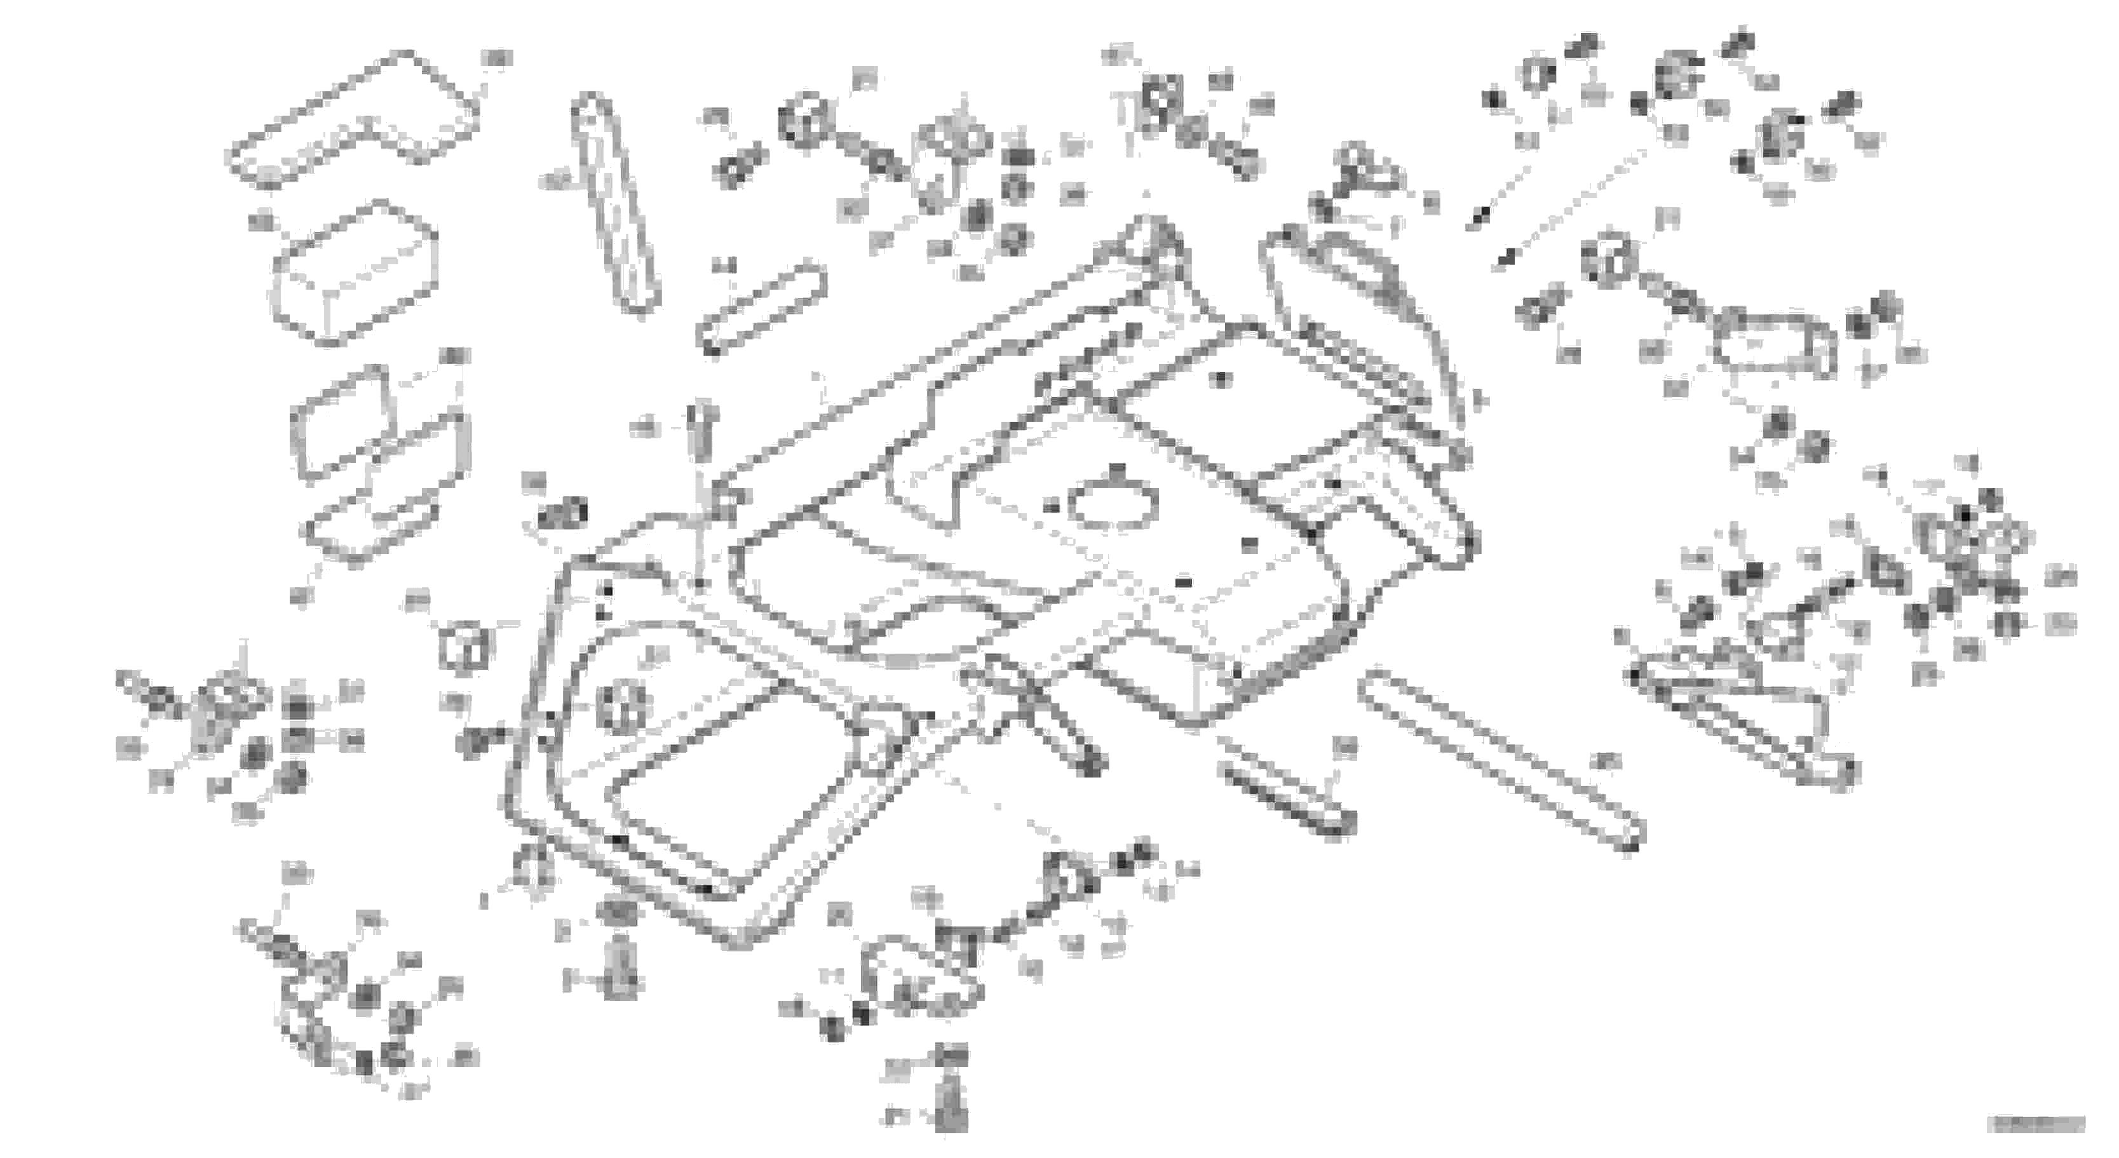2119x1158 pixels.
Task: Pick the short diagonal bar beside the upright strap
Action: coord(761,309)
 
